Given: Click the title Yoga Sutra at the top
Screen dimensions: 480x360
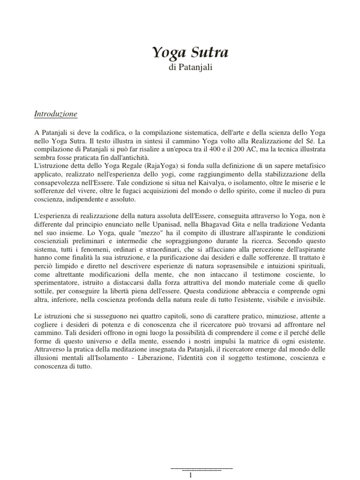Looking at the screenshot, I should tap(190, 53).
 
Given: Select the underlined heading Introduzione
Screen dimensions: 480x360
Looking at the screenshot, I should tap(56, 114).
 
